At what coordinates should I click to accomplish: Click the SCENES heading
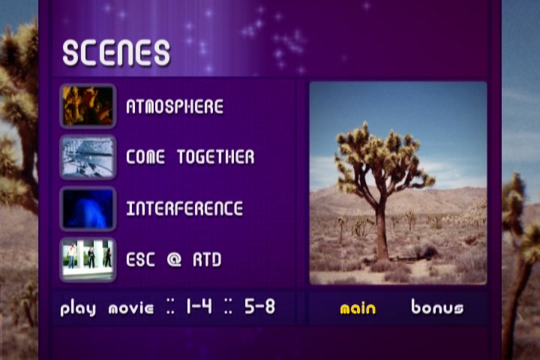(116, 52)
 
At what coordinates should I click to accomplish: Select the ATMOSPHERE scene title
(175, 106)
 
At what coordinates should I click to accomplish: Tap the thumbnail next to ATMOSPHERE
(88, 106)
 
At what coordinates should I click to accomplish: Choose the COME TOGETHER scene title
(190, 157)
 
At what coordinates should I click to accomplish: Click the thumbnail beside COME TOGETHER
(88, 157)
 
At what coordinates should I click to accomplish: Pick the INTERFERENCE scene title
(184, 208)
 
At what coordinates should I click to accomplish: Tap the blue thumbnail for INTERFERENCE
(88, 208)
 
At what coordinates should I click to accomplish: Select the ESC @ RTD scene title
(173, 259)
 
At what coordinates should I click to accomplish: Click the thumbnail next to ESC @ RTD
(88, 259)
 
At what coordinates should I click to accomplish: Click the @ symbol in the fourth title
(174, 259)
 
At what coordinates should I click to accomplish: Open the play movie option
(107, 307)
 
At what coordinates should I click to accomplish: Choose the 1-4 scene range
(199, 306)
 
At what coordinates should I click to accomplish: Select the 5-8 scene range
(260, 306)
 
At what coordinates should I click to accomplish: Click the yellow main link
(358, 308)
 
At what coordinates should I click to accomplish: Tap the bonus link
(437, 307)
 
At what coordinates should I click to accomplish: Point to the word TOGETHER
(216, 157)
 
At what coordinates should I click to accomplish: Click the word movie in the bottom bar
(131, 308)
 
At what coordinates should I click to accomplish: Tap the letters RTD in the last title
(207, 259)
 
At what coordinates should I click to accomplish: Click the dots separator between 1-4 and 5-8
(228, 306)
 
